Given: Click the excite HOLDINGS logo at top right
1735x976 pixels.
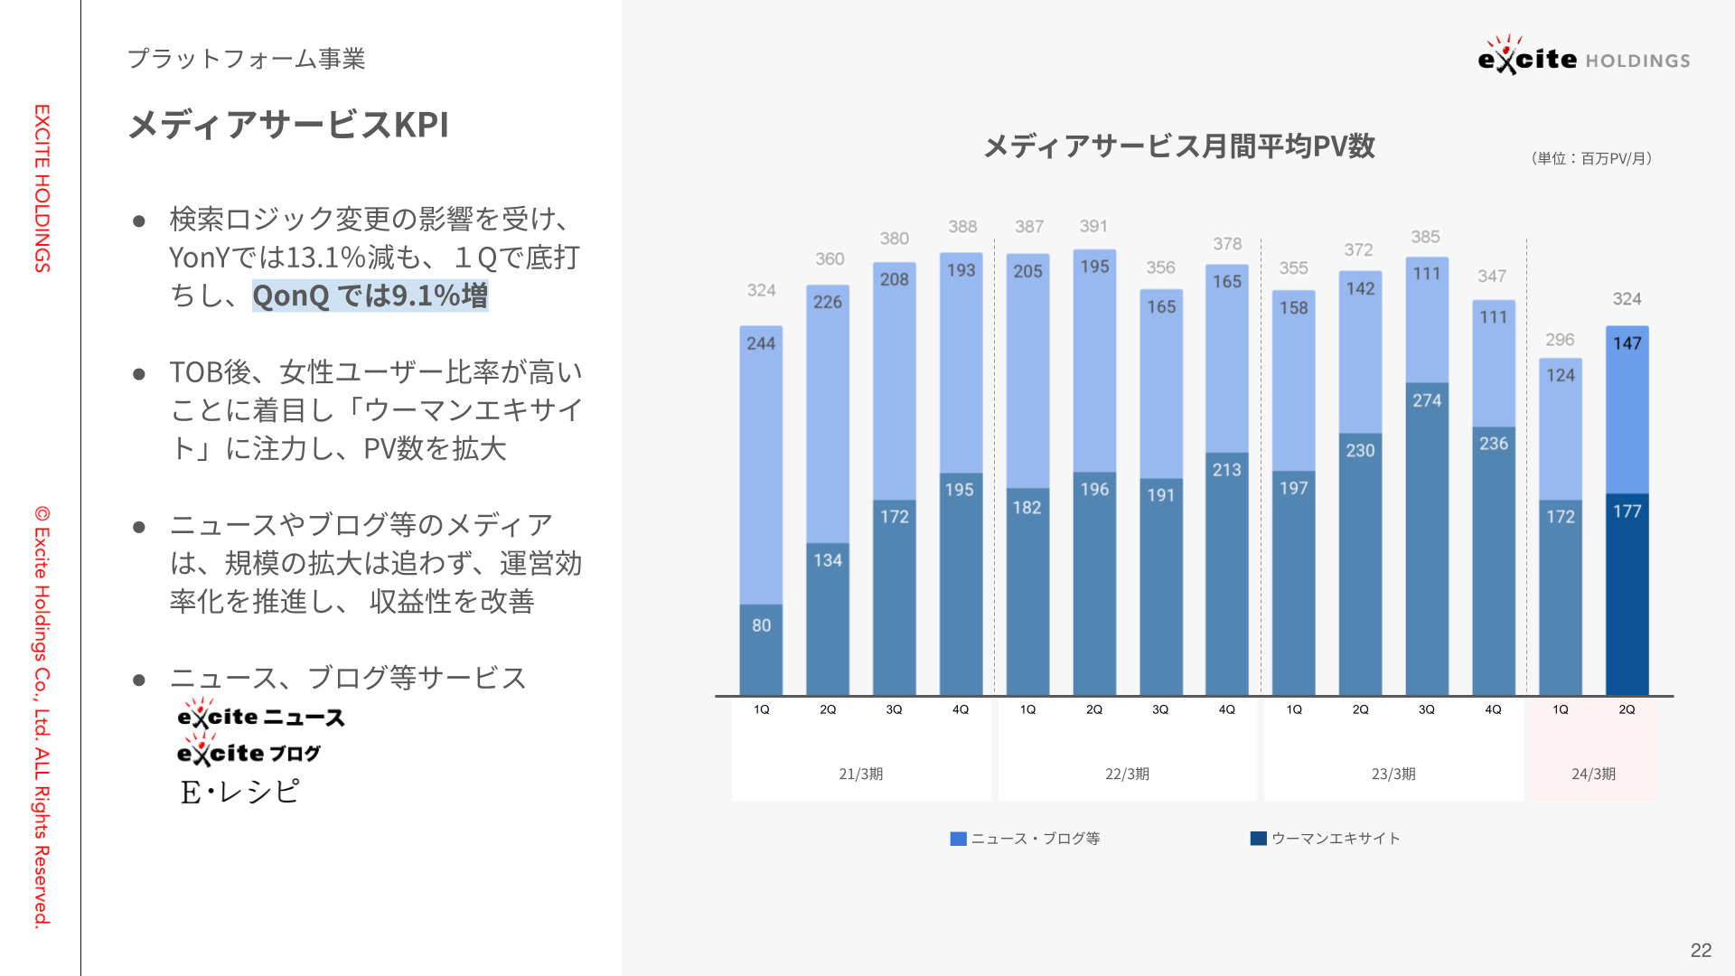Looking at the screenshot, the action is coord(1584,55).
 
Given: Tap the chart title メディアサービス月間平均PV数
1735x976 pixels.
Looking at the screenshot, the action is coord(1179,146).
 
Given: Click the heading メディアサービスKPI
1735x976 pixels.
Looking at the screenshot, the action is coord(288,125).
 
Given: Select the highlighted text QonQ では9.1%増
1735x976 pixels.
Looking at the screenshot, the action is coord(370,296).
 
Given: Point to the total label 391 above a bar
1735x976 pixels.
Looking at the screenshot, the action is coord(1093,226).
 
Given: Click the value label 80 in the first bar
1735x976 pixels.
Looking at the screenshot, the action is coord(762,625).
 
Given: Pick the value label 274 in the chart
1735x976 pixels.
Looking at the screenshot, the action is coord(1427,400).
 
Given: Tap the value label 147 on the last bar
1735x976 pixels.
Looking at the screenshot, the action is coord(1627,343).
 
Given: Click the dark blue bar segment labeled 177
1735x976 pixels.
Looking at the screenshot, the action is coord(1627,595).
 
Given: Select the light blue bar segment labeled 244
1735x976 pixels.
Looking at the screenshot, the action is coord(761,465).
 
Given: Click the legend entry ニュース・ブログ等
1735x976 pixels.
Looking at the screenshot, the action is coord(1026,839).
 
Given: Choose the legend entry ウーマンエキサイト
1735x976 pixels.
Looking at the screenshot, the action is coord(1326,839).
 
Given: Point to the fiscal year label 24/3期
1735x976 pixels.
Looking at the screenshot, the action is coord(1593,774).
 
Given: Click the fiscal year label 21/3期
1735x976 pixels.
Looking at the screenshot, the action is coord(860,774).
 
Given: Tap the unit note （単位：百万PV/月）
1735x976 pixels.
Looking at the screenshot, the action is coord(1592,158).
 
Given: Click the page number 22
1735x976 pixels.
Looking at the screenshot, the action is coord(1701,951).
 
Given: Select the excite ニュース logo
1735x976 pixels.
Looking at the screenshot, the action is coord(261,714).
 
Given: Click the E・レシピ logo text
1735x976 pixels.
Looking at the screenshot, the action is coord(239,792).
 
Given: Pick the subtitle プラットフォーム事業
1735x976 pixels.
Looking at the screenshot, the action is coord(247,59).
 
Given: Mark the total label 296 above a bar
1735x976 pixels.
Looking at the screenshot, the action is coord(1560,340).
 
